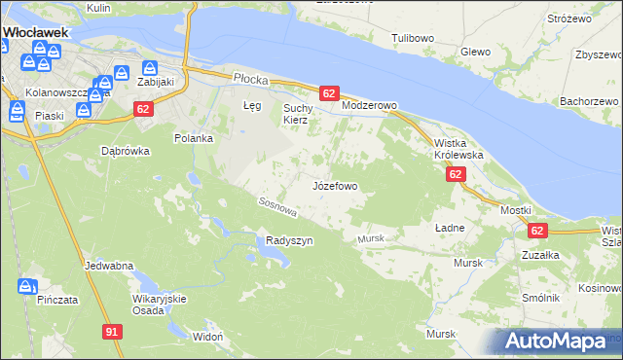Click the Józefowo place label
pyautogui.click(x=336, y=185)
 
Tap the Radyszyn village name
pyautogui.click(x=289, y=241)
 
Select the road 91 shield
pyautogui.click(x=112, y=333)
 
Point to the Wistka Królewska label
pyautogui.click(x=458, y=148)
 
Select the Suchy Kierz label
pyautogui.click(x=295, y=114)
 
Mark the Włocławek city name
pyautogui.click(x=34, y=32)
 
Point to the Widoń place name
pyautogui.click(x=208, y=336)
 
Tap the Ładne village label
pyautogui.click(x=450, y=227)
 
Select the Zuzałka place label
pyautogui.click(x=538, y=255)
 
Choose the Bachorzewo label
pyautogui.click(x=590, y=101)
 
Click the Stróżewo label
pyautogui.click(x=569, y=18)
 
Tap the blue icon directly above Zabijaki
pyautogui.click(x=150, y=68)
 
